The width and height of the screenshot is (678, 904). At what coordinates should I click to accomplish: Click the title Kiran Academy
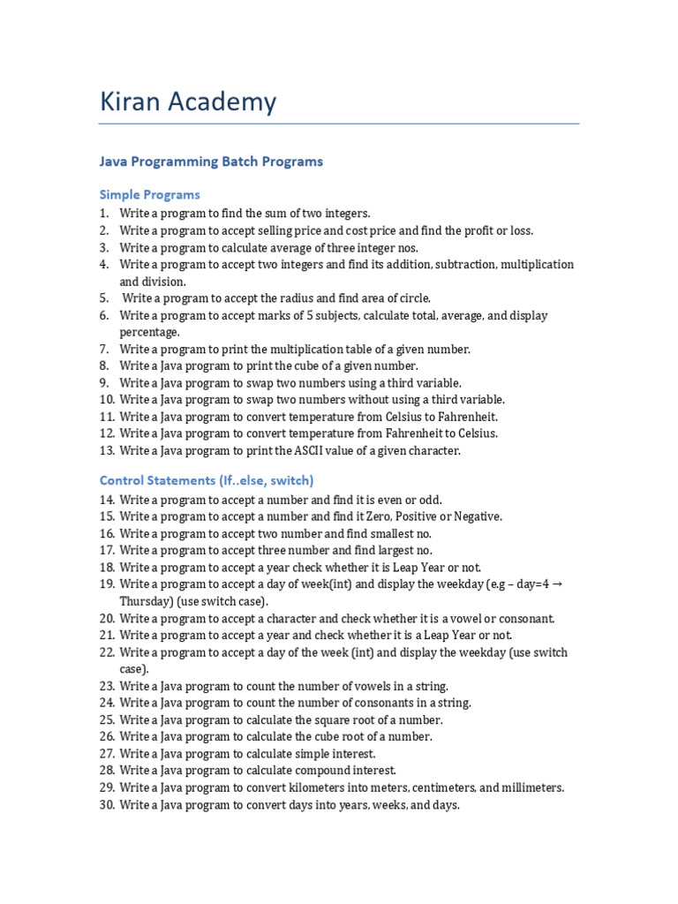[188, 102]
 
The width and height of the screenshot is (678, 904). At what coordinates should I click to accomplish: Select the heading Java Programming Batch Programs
[211, 162]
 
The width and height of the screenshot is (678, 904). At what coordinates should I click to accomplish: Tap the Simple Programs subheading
[149, 194]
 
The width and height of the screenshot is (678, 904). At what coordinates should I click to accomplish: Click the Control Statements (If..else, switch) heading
[207, 480]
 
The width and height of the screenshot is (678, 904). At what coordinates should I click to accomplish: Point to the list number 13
[107, 450]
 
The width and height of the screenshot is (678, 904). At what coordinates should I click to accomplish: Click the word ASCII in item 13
[313, 450]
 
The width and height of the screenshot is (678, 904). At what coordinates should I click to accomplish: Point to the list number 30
[107, 805]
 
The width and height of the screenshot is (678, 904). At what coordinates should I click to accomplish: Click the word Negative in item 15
[478, 516]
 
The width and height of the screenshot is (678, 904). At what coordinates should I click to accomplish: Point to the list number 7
[103, 349]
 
